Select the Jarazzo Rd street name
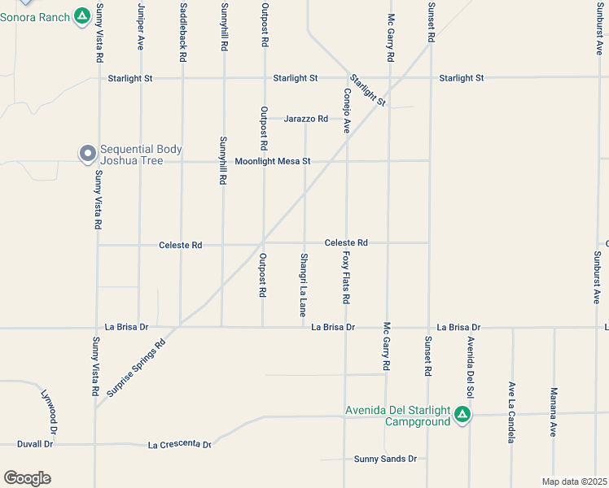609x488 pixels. (306, 119)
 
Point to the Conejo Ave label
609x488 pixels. (347, 111)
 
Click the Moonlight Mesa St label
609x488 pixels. (273, 161)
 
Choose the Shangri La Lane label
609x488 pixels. (303, 285)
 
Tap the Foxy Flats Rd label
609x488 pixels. (346, 277)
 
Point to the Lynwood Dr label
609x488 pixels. (51, 412)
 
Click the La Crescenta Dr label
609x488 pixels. (180, 445)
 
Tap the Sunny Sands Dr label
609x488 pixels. (385, 459)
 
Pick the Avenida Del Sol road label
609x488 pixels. (470, 363)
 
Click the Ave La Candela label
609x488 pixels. (511, 412)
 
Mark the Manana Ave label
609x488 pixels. (553, 412)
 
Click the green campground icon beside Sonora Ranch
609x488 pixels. (81, 15)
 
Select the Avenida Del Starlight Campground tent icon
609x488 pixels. (462, 415)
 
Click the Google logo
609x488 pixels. (27, 478)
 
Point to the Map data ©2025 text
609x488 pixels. (574, 481)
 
